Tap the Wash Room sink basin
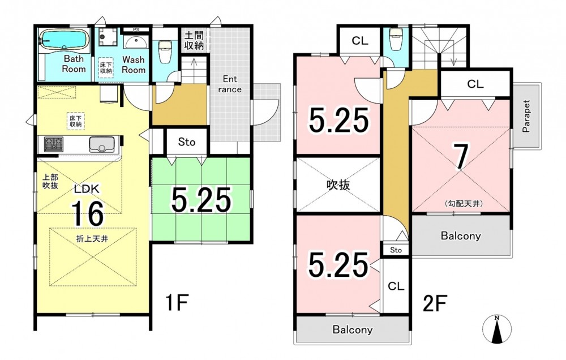pyautogui.click(x=136, y=42)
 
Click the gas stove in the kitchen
pyautogui.click(x=53, y=144)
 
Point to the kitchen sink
pyautogui.click(x=102, y=144)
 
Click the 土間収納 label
pyautogui.click(x=194, y=40)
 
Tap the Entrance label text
pyautogui.click(x=230, y=84)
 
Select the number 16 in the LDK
pyautogui.click(x=87, y=213)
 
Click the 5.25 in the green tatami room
pyautogui.click(x=201, y=200)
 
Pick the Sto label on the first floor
pyautogui.click(x=187, y=142)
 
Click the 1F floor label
pyautogui.click(x=177, y=303)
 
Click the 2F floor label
pyautogui.click(x=435, y=303)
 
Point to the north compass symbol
pyautogui.click(x=497, y=329)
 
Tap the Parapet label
pyautogui.click(x=526, y=116)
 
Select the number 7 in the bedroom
pyautogui.click(x=462, y=157)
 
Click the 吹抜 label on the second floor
pyautogui.click(x=338, y=185)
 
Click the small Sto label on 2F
pyautogui.click(x=396, y=250)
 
